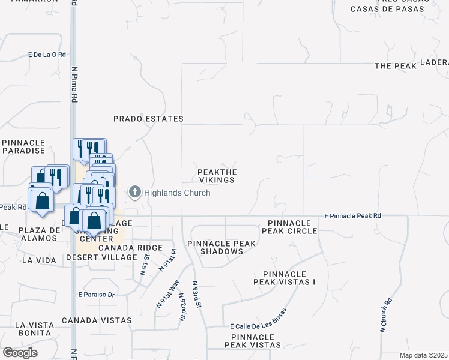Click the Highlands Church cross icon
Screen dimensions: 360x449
coord(135,193)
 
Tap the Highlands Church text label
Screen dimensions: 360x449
coord(177,193)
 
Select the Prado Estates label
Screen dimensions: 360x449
coord(149,119)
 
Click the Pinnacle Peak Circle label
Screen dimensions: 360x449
coord(289,227)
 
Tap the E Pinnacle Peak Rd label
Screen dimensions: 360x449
coord(352,215)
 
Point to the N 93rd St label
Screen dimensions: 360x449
coord(196,294)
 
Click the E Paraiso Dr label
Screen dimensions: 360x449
coord(96,295)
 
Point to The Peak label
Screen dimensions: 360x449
coord(395,66)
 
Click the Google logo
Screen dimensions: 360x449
coord(20,353)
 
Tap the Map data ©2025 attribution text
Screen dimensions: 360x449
coord(423,355)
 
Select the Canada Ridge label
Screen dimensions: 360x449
coord(130,248)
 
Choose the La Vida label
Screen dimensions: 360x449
coord(38,260)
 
